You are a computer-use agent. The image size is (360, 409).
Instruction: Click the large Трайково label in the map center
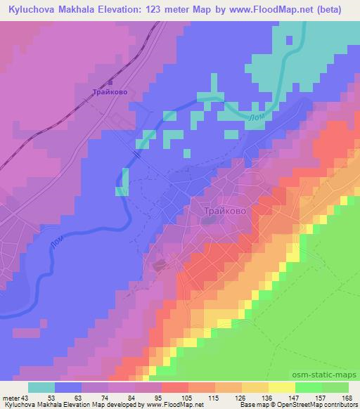tap(224, 209)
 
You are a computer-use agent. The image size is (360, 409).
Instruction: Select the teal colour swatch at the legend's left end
tap(41, 387)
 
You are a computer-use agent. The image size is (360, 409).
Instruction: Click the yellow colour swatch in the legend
tap(282, 387)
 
